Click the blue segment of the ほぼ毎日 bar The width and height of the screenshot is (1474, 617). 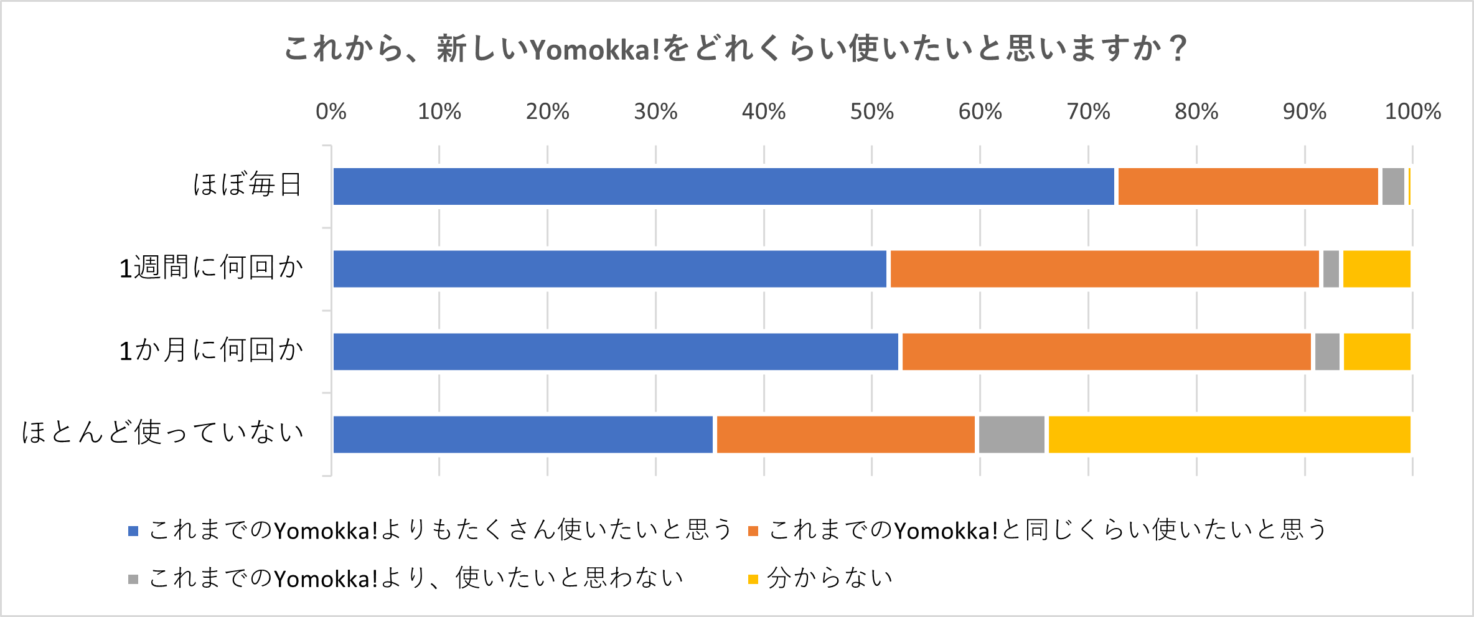(x=723, y=186)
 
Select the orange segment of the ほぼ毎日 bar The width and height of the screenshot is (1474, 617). (x=1248, y=186)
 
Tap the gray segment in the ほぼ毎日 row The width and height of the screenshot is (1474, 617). (x=1393, y=186)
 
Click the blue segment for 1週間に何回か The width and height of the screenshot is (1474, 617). (x=609, y=269)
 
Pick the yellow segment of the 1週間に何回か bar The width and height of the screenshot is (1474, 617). (x=1376, y=269)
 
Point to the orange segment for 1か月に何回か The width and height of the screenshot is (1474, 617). (x=1106, y=352)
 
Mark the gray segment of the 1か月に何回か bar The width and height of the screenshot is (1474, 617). (x=1327, y=352)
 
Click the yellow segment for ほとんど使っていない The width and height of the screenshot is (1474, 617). (x=1229, y=435)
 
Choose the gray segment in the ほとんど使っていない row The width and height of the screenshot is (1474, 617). (x=1012, y=435)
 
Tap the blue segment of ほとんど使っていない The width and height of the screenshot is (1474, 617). (x=523, y=435)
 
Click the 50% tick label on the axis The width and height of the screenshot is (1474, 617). (x=871, y=112)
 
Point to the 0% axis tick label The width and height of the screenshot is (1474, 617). (x=331, y=112)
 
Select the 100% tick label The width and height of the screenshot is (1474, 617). (x=1412, y=112)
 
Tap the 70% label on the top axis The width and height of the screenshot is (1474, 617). (x=1088, y=112)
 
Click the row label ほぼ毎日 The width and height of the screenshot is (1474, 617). (x=247, y=185)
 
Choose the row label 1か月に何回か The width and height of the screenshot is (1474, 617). (x=211, y=351)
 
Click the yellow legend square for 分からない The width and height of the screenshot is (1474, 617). (x=753, y=580)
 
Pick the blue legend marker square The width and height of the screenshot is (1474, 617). (x=133, y=531)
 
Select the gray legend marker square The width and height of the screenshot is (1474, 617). (x=133, y=580)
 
